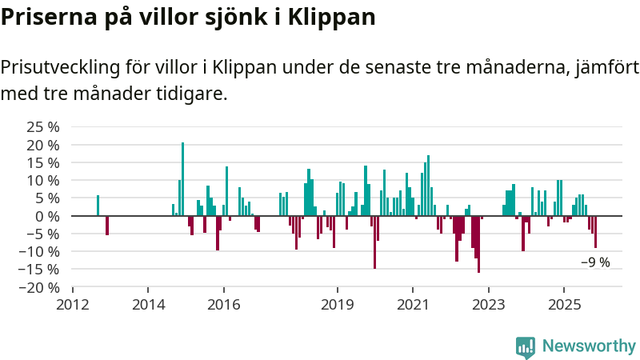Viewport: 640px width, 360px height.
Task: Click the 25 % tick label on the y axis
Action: [x=43, y=127]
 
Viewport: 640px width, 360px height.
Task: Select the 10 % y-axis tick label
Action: [x=43, y=180]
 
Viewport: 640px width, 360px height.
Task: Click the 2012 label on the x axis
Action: [x=73, y=305]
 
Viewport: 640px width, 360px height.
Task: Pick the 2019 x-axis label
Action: [x=337, y=305]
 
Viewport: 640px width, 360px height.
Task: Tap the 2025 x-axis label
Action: [x=564, y=305]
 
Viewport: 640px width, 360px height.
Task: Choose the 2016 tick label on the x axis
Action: [x=224, y=305]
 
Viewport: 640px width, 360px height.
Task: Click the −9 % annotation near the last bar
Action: [x=595, y=262]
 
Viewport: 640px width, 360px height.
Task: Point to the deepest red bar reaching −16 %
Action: [x=478, y=244]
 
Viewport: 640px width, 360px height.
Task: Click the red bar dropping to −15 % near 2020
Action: [x=374, y=242]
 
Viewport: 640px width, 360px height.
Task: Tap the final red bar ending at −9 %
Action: [x=595, y=232]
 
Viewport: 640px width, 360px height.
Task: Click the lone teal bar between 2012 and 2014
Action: [x=98, y=206]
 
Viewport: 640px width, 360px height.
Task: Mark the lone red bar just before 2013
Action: [x=107, y=225]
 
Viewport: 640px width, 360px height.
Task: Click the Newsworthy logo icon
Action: [x=526, y=346]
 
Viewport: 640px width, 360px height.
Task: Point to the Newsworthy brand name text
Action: [x=589, y=346]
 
